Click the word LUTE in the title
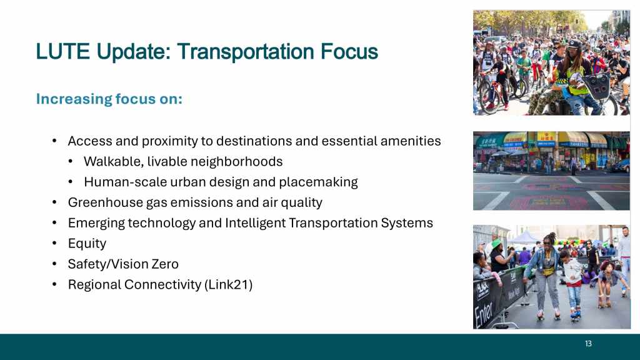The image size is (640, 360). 62,51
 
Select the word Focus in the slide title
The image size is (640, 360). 349,51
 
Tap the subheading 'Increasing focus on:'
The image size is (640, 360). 109,99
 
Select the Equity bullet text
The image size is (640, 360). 87,244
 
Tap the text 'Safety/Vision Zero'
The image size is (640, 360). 123,264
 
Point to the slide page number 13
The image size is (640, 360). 588,344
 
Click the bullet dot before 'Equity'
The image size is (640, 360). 54,243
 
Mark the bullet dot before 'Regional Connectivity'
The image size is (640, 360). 54,284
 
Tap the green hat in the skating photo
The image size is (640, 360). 496,244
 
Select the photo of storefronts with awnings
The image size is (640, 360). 551,171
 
